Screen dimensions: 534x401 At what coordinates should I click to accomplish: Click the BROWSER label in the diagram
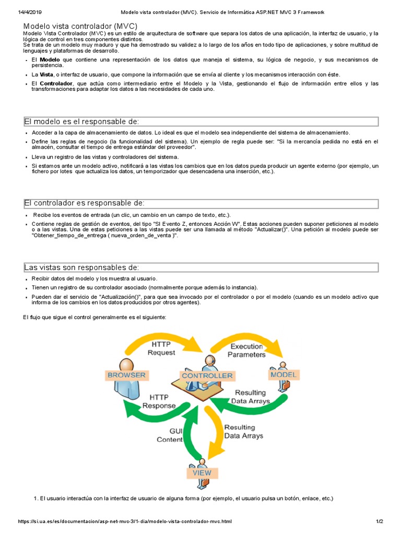[126, 375]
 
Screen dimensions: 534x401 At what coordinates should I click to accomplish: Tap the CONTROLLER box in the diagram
[207, 375]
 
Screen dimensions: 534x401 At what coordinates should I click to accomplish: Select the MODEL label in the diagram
[284, 374]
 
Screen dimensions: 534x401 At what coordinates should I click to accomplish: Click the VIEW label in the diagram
[202, 472]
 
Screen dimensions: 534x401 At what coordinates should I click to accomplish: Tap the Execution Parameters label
[247, 350]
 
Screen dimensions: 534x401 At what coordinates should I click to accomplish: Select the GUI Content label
[170, 435]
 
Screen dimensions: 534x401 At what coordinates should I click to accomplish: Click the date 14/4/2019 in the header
[30, 11]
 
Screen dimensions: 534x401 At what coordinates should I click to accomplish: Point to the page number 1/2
[380, 521]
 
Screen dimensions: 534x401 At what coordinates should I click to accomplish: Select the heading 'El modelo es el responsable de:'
[82, 122]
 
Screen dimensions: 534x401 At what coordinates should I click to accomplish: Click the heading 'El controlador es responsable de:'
[84, 203]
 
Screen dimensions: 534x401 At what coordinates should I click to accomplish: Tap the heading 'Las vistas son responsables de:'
[81, 268]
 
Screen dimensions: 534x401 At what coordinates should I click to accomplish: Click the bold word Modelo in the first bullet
[51, 60]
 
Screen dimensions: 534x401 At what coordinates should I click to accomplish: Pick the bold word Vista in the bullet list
[47, 75]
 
